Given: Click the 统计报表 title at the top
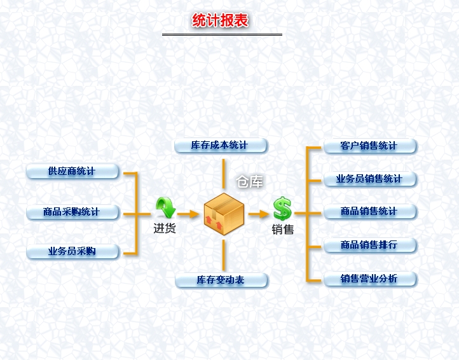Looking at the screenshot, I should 220,21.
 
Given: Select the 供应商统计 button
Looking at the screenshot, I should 72,171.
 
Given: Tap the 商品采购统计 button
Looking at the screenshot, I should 72,212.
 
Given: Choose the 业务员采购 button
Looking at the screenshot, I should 72,251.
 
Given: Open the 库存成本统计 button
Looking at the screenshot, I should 220,146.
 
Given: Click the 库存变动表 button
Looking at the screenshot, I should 221,280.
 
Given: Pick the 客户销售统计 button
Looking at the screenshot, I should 369,146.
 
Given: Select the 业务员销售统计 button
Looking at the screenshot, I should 369,179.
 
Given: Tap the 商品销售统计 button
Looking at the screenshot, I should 369,212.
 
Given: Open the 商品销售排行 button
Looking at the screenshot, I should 369,245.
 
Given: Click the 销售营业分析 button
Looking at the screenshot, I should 369,279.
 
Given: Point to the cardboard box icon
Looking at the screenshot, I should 224,212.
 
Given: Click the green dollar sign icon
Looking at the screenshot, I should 282,208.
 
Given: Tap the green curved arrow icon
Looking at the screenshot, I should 165,207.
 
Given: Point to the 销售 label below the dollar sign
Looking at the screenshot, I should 283,230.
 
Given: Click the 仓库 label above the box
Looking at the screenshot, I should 249,183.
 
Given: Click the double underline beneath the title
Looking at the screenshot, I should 221,34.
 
